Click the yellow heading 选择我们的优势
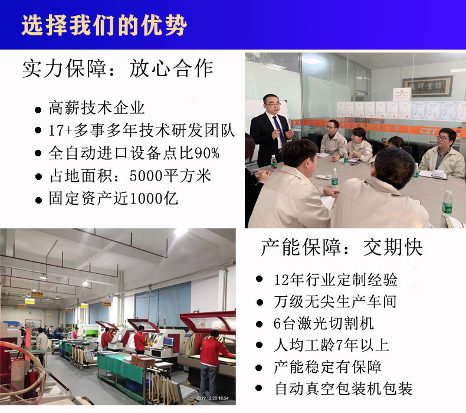click(x=104, y=25)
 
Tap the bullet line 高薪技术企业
click(x=97, y=107)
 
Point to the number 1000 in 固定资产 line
click(x=146, y=198)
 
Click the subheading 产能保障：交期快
click(x=342, y=247)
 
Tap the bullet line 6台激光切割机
click(x=323, y=323)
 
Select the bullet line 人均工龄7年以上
click(x=332, y=345)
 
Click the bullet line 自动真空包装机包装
click(x=343, y=389)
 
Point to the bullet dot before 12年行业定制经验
click(x=259, y=279)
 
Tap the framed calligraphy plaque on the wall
click(x=428, y=86)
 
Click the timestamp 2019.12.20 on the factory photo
click(x=212, y=398)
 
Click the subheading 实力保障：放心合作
click(x=118, y=68)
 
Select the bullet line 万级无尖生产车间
click(x=335, y=301)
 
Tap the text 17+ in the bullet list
click(x=60, y=130)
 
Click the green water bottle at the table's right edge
click(x=447, y=203)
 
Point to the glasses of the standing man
click(x=273, y=104)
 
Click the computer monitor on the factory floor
click(x=169, y=342)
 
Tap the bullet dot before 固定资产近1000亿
click(x=38, y=200)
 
